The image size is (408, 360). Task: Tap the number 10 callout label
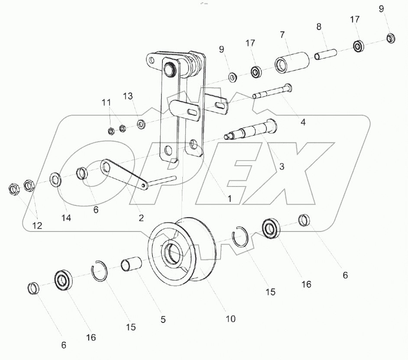(x=230, y=319)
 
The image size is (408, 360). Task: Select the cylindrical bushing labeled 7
(x=291, y=62)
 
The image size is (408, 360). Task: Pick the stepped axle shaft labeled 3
(x=251, y=130)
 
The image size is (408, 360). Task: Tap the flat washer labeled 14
(x=55, y=179)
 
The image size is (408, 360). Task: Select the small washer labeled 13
(x=141, y=125)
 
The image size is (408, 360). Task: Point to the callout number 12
(x=37, y=225)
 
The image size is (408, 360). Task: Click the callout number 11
(x=107, y=103)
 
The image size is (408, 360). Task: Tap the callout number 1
(x=230, y=199)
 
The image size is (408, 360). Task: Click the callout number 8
(x=319, y=26)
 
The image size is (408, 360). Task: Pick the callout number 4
(x=303, y=122)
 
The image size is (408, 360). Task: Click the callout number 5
(x=163, y=320)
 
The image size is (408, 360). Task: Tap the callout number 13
(x=127, y=96)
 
